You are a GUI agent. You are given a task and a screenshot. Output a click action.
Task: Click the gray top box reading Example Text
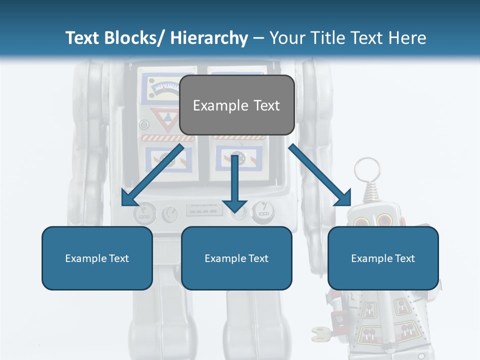pos(236,105)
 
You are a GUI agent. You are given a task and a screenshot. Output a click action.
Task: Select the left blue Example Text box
pos(97,258)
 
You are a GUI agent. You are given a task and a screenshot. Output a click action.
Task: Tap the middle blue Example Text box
pos(236,258)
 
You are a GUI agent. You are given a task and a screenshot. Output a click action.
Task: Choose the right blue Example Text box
pos(383,258)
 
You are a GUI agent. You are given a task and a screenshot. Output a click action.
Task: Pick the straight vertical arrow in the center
pos(235,182)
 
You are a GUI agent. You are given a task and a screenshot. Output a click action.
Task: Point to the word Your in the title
pos(286,38)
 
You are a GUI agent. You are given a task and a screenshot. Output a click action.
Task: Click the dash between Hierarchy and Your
pos(258,38)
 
